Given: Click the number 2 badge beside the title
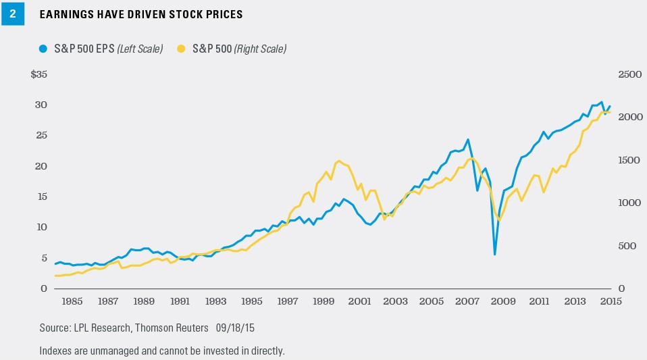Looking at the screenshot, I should click(x=11, y=14).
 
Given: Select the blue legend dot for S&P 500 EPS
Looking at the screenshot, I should click(x=43, y=49).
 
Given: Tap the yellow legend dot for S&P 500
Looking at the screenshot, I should click(x=180, y=49).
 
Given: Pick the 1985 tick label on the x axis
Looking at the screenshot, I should click(x=73, y=301).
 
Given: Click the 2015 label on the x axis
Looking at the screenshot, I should click(x=611, y=301).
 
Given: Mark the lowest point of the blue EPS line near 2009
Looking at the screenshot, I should click(x=495, y=255).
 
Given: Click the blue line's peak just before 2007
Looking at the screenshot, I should click(x=468, y=140).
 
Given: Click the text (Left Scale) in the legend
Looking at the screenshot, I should click(x=138, y=49).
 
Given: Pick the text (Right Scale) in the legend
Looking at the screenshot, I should click(x=261, y=49).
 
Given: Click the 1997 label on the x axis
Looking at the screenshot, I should click(x=288, y=301).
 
